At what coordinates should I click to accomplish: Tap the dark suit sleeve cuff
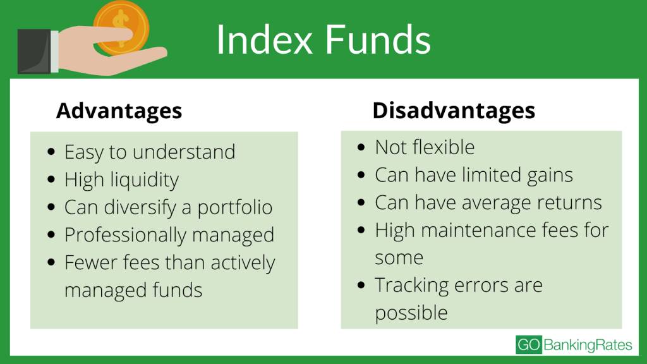pyautogui.click(x=34, y=52)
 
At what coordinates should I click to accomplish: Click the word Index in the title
pyautogui.click(x=264, y=40)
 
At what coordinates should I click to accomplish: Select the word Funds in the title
pyautogui.click(x=378, y=40)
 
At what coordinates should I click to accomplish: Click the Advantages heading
pyautogui.click(x=119, y=111)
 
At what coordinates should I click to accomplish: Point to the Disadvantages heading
pyautogui.click(x=454, y=110)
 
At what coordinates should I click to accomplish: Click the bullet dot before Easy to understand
pyautogui.click(x=51, y=152)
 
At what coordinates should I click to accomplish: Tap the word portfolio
pyautogui.click(x=234, y=207)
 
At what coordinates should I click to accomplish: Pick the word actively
pyautogui.click(x=243, y=263)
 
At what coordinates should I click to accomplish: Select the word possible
pyautogui.click(x=411, y=313)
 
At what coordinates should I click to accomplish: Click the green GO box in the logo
pyautogui.click(x=529, y=344)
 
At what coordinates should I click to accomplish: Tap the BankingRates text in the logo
pyautogui.click(x=588, y=345)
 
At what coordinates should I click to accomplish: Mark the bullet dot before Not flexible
pyautogui.click(x=361, y=147)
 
